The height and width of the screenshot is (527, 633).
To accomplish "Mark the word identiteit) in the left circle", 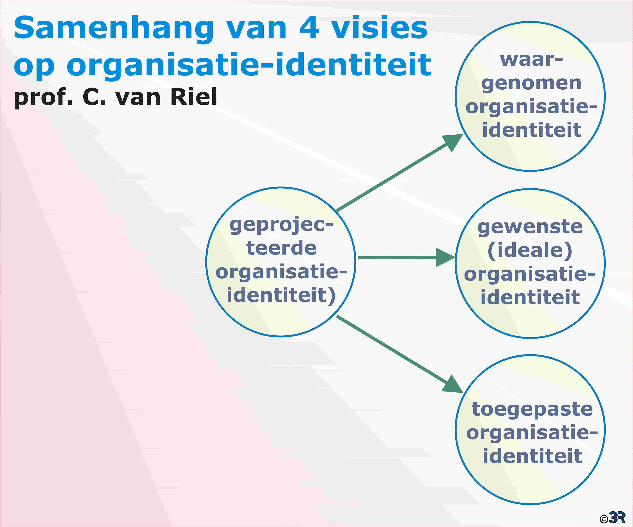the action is [x=281, y=295].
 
